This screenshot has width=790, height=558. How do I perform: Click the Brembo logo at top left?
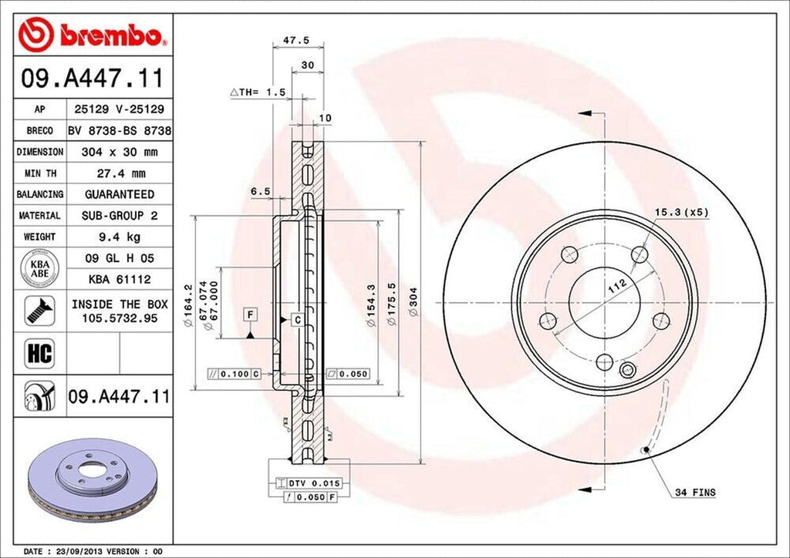click(x=93, y=35)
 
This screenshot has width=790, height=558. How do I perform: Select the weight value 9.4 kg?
click(x=119, y=237)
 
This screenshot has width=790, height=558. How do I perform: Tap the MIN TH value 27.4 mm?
click(x=119, y=173)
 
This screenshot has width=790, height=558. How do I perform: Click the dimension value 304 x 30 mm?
click(x=119, y=153)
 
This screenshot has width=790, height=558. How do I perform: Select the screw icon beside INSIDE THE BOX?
click(x=39, y=310)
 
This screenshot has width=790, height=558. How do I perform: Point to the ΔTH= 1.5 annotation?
click(x=258, y=92)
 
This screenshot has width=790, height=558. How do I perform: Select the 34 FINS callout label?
click(x=694, y=492)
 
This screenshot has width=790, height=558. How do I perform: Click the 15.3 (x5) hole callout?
click(x=682, y=211)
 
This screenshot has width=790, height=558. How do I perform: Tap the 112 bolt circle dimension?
click(x=617, y=287)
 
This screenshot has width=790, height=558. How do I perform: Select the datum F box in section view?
click(x=250, y=313)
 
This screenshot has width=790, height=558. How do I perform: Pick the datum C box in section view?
click(x=296, y=318)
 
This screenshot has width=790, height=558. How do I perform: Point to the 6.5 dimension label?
click(x=260, y=191)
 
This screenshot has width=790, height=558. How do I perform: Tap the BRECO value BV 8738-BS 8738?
click(x=119, y=132)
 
